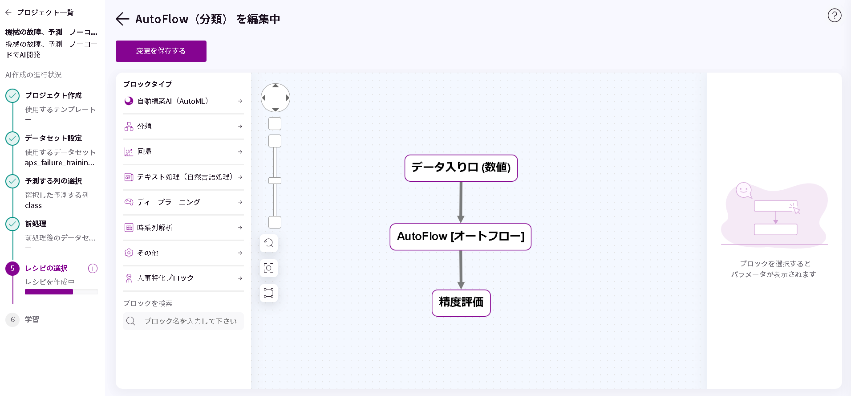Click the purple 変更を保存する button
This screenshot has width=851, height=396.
[x=161, y=51]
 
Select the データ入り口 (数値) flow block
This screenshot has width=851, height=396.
[x=461, y=168]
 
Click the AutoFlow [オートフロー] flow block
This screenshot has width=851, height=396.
[x=460, y=237]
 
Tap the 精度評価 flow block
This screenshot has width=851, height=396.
[x=461, y=303]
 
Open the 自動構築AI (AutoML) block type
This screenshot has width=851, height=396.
[x=183, y=101]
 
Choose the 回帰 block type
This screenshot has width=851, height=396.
[x=183, y=152]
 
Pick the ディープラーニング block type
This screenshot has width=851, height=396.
[x=183, y=202]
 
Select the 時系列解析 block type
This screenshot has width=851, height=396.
[x=183, y=228]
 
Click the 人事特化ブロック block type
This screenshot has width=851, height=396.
[x=183, y=278]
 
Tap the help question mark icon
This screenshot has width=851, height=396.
[x=835, y=16]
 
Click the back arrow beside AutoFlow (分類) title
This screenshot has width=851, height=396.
[x=122, y=19]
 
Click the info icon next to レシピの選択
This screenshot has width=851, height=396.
[x=93, y=268]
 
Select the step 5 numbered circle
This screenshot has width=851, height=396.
[x=12, y=268]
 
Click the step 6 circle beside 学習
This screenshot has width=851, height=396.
[x=12, y=319]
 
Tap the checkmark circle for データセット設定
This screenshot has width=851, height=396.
[x=12, y=139]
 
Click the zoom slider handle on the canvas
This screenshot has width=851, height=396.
[x=275, y=180]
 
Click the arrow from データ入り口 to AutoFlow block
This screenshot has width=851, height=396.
[x=461, y=202]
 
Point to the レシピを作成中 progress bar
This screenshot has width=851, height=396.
[x=61, y=292]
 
